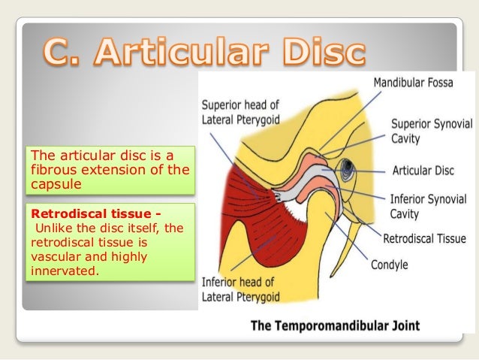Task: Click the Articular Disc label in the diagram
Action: [x=423, y=171]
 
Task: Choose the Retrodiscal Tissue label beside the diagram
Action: [x=424, y=240]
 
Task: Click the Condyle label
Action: [x=390, y=265]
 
